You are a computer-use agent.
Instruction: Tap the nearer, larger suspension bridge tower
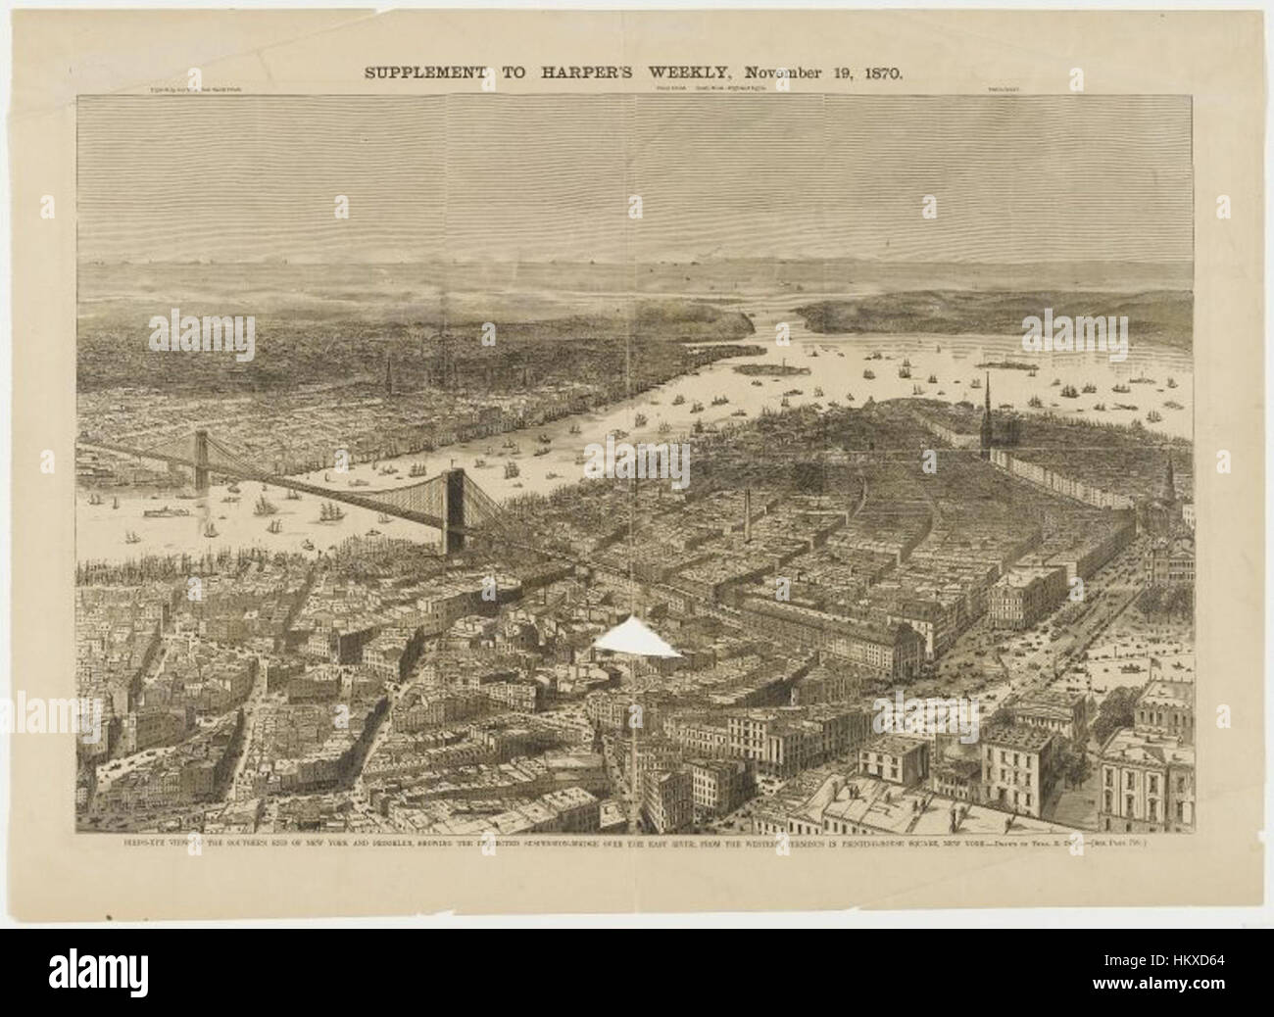455,509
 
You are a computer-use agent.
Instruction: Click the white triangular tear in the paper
637,637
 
